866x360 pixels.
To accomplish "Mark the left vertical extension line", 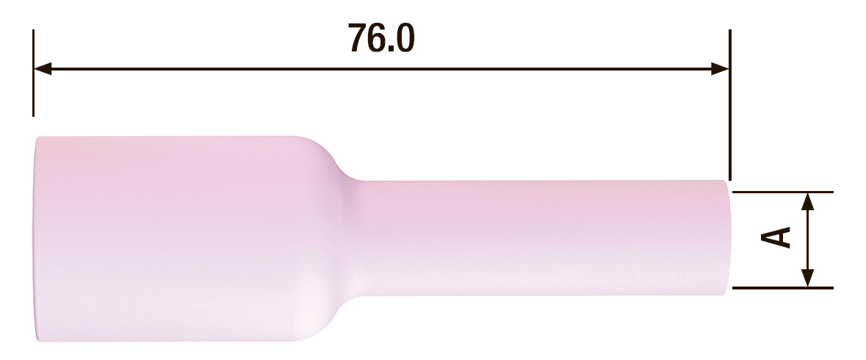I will pyautogui.click(x=34, y=73).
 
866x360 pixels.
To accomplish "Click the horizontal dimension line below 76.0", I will pyautogui.click(x=381, y=70).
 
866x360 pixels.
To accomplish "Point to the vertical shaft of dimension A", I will pyautogui.click(x=808, y=240).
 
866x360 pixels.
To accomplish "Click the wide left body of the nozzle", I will pyautogui.click(x=169, y=239).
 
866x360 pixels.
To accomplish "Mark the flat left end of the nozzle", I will pyautogui.click(x=37, y=239).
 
